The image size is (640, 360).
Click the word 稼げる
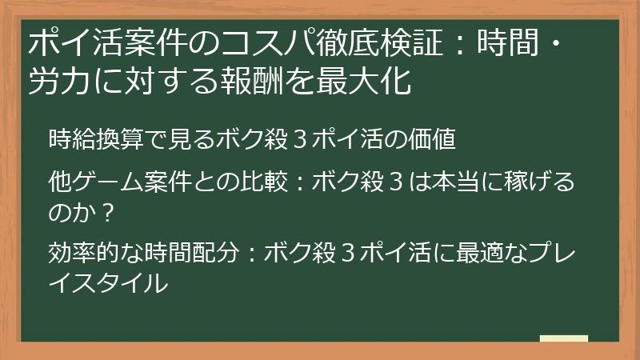tap(544, 183)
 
